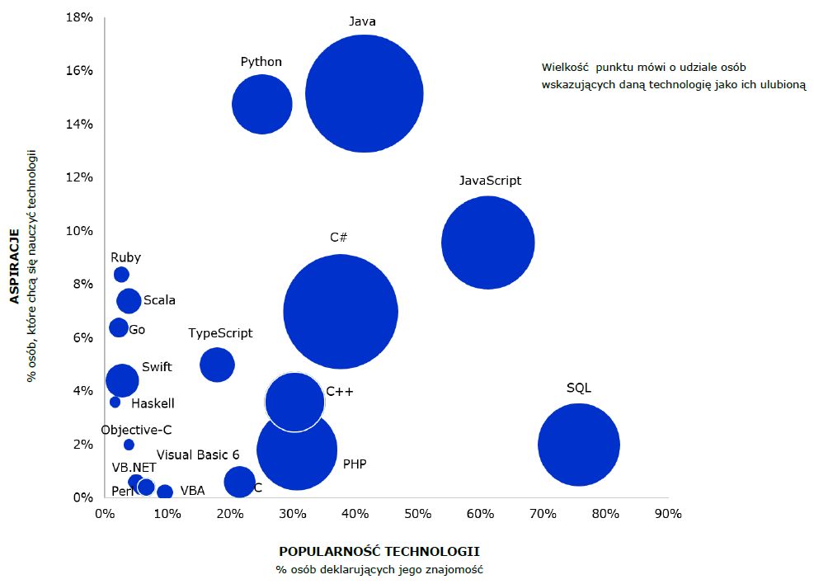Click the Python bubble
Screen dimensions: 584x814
coord(262,105)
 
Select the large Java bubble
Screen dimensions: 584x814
coord(364,94)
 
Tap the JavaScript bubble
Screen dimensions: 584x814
coord(488,243)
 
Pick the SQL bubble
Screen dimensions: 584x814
coord(578,445)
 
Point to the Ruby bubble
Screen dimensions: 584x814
coord(121,275)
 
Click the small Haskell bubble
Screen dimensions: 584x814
coord(115,403)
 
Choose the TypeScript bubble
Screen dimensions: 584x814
coord(217,365)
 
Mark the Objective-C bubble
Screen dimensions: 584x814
coord(129,445)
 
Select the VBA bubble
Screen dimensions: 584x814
coord(165,492)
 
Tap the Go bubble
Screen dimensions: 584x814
coord(120,327)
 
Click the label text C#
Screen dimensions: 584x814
coord(338,238)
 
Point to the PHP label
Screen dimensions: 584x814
coord(355,464)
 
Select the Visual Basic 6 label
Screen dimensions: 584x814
coord(198,454)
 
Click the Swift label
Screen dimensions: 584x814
coord(157,367)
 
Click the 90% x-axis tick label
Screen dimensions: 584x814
coord(668,515)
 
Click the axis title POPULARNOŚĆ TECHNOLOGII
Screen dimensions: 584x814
coord(379,551)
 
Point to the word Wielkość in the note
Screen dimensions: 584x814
coord(562,68)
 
